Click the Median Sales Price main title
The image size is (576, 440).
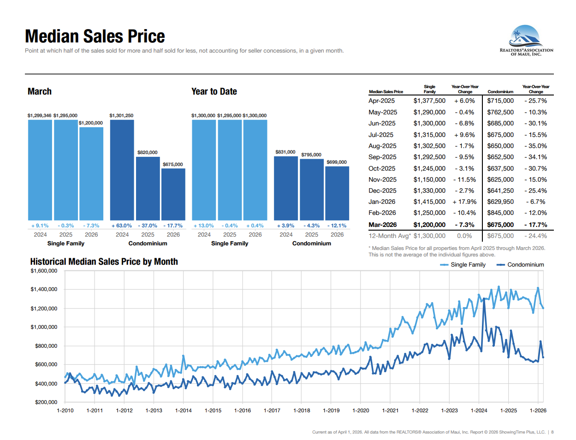coord(95,36)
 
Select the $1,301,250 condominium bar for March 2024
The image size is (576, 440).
coord(122,170)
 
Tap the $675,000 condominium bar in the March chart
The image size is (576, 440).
coord(173,194)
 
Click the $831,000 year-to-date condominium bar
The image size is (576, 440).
coord(286,188)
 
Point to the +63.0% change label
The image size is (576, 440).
coord(122,226)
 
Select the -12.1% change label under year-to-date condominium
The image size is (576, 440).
coord(337,226)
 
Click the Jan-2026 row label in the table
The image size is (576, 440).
coord(382,202)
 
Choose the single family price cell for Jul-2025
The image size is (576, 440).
coord(429,135)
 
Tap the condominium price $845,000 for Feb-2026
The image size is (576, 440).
coord(500,213)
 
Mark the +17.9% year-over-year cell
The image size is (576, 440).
coord(464,202)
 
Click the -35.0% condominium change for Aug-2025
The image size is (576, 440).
coord(535,146)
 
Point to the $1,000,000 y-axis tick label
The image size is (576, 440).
coord(44,327)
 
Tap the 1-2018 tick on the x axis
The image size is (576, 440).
coord(302,410)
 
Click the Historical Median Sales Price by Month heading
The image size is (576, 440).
coord(104,262)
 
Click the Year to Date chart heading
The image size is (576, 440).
coord(214,91)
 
